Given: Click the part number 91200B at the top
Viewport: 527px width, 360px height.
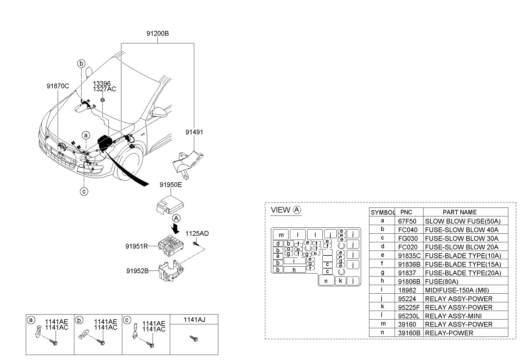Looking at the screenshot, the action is [x=157, y=34].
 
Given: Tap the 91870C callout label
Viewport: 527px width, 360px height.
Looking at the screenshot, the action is [x=58, y=86].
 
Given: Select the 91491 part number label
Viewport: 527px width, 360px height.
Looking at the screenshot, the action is [x=194, y=132].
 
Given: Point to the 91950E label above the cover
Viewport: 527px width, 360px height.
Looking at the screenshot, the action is [x=170, y=185].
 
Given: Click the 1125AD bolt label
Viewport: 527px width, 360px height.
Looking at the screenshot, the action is [x=197, y=233].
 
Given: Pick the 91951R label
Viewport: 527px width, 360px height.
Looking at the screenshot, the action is [x=137, y=246].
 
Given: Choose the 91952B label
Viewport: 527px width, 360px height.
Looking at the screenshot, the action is [x=137, y=271].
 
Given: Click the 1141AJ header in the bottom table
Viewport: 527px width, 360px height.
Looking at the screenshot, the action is [x=194, y=320].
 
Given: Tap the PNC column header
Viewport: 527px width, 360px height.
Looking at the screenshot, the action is [x=406, y=212].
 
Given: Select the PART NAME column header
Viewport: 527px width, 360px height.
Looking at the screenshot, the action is [x=459, y=212].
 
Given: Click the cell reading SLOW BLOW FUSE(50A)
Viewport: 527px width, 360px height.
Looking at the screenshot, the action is [x=463, y=221].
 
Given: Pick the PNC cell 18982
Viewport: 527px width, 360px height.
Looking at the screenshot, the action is [x=407, y=290].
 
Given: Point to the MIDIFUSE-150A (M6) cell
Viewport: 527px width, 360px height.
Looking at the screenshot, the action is [x=457, y=290].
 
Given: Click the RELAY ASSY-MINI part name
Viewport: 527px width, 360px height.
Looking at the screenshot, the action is [x=453, y=316].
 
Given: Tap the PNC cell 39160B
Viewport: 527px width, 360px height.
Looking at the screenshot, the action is [x=409, y=333].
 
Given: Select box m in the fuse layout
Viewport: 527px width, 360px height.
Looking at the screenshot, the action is [x=281, y=234].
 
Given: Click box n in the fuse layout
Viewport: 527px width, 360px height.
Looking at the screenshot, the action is [x=326, y=281].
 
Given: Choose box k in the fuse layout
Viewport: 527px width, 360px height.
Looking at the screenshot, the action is [x=341, y=281].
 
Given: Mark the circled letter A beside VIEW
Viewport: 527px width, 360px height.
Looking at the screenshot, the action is [x=297, y=210].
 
